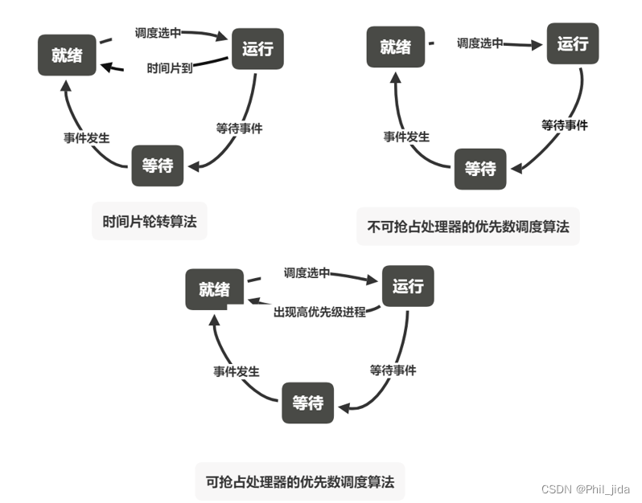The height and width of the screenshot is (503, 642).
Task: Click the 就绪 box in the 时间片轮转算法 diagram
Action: pyautogui.click(x=66, y=55)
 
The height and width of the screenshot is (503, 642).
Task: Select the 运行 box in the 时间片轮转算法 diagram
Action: pyautogui.click(x=257, y=48)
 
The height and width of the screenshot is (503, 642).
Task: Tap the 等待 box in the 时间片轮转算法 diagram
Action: pyautogui.click(x=158, y=166)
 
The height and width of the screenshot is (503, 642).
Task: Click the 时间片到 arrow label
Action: pyautogui.click(x=170, y=68)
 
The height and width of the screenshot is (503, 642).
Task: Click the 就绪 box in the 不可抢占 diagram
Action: pyautogui.click(x=395, y=47)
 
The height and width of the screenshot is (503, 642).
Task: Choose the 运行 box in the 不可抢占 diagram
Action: pyautogui.click(x=573, y=43)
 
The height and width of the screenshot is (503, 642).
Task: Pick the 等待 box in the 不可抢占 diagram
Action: pyautogui.click(x=480, y=169)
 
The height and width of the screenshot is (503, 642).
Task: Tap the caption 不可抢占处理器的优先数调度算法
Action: pyautogui.click(x=467, y=227)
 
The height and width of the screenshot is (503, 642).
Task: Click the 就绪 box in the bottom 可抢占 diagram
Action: pyautogui.click(x=214, y=289)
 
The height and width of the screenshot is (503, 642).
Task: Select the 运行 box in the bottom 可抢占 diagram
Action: pyautogui.click(x=408, y=286)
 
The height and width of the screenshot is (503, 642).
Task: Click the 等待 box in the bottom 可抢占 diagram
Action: pyautogui.click(x=307, y=403)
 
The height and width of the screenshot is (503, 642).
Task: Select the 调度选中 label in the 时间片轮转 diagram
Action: pyautogui.click(x=158, y=33)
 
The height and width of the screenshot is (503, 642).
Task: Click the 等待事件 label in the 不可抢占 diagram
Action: pyautogui.click(x=565, y=125)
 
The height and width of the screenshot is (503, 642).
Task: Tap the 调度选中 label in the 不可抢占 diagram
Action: pyautogui.click(x=479, y=43)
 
